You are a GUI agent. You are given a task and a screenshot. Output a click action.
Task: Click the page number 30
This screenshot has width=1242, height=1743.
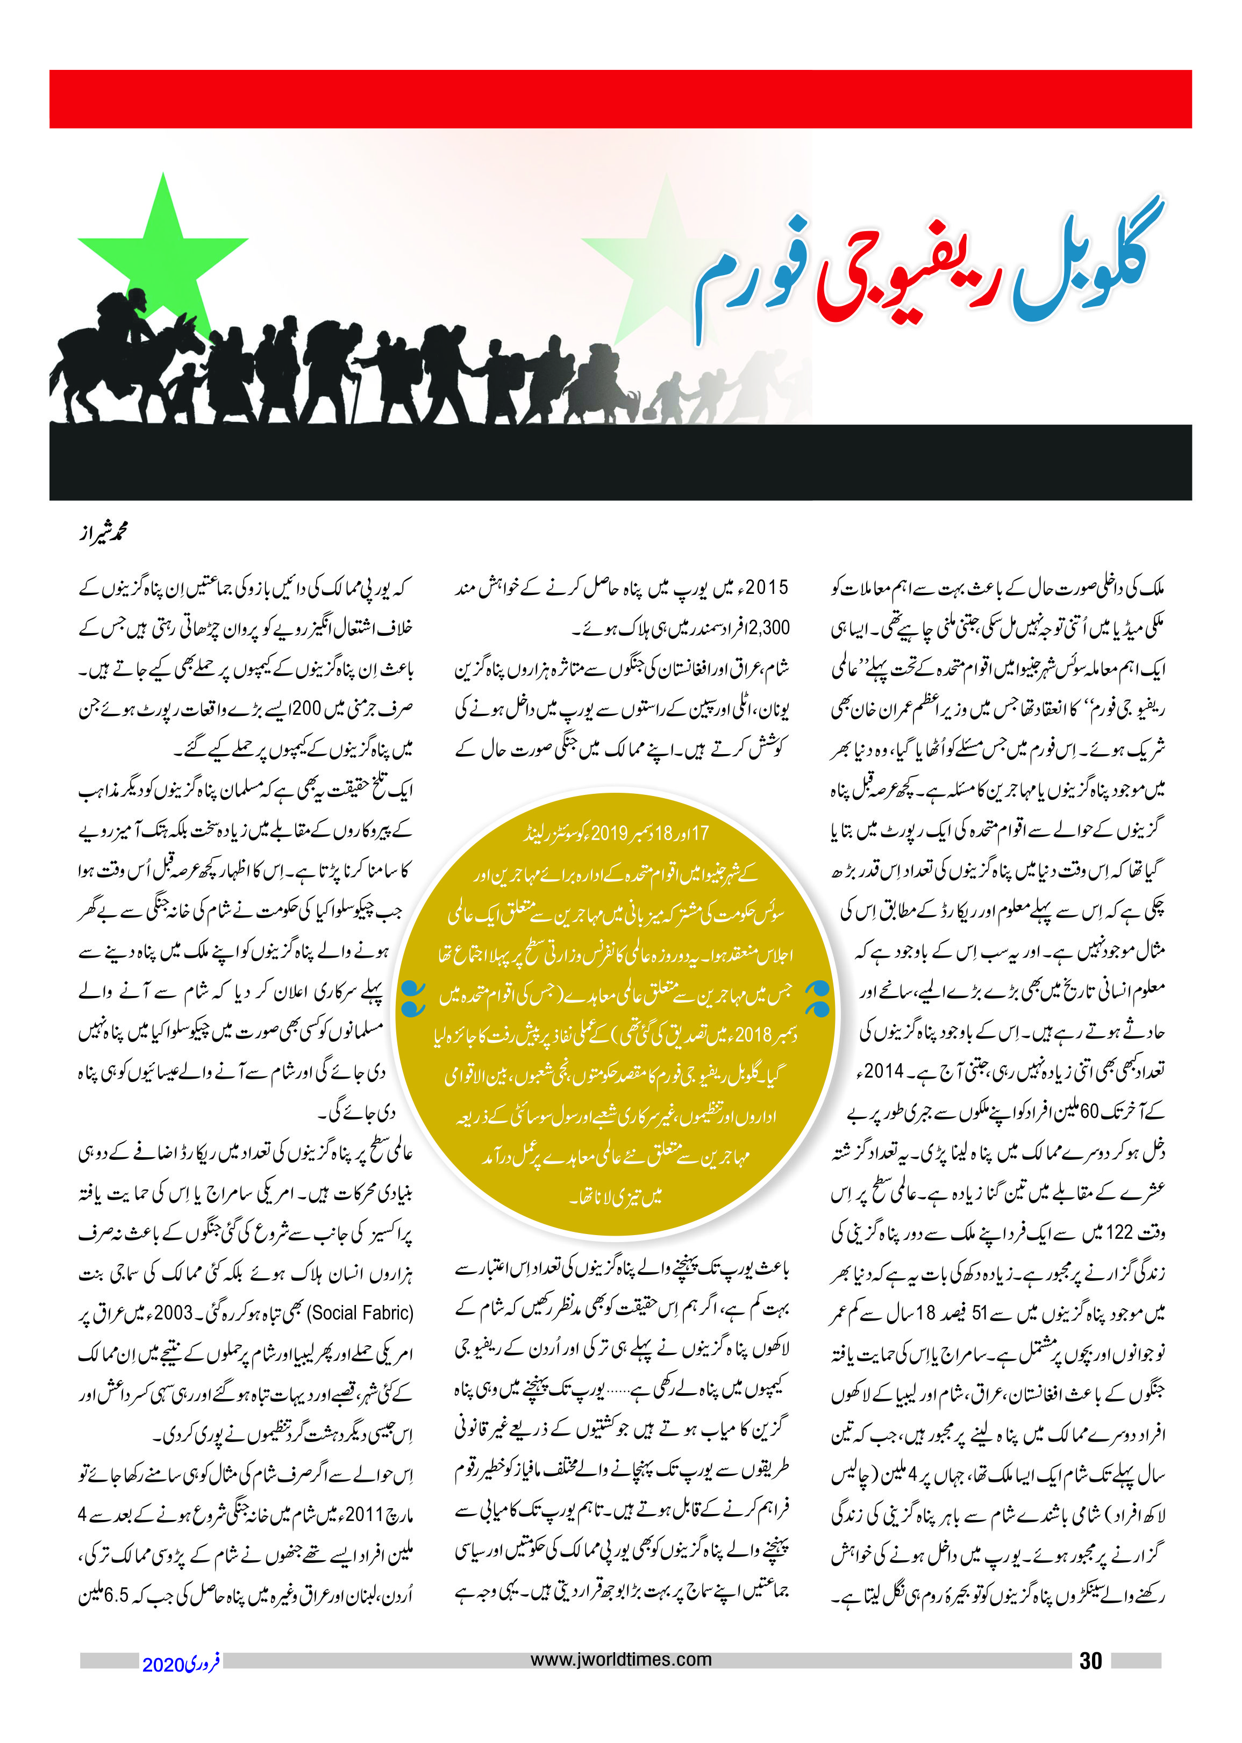[x=1090, y=1660]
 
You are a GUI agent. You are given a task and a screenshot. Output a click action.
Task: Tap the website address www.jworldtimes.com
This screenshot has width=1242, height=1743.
[x=620, y=1660]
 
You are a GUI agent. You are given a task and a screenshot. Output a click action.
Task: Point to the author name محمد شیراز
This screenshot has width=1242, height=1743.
[x=103, y=532]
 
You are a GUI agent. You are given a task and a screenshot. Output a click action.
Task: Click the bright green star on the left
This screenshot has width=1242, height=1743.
[x=163, y=246]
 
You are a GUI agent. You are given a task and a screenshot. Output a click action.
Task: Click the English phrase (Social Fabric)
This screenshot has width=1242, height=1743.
[x=360, y=1312]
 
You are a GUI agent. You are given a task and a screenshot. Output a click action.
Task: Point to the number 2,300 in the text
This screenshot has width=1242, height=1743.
[x=765, y=628]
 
